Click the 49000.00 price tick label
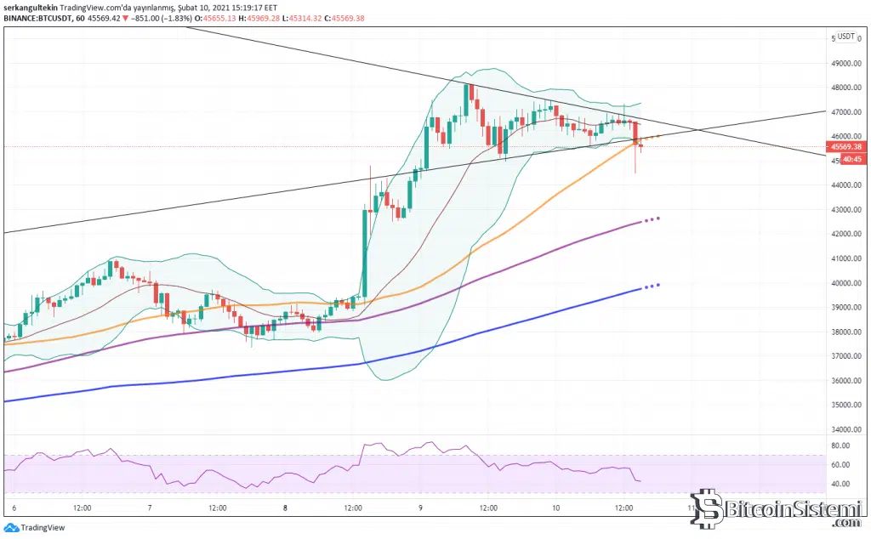pos(846,63)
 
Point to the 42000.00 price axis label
pos(846,234)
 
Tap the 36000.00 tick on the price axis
pos(846,381)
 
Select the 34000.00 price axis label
pos(846,430)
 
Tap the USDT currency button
pos(845,37)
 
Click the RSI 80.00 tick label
pos(841,445)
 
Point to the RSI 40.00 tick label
pos(841,485)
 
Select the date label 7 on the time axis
pos(150,508)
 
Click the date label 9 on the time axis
pos(421,508)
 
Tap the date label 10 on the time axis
pos(556,508)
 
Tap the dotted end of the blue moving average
pos(652,286)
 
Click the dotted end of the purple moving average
pos(652,219)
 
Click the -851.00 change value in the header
pos(147,18)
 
